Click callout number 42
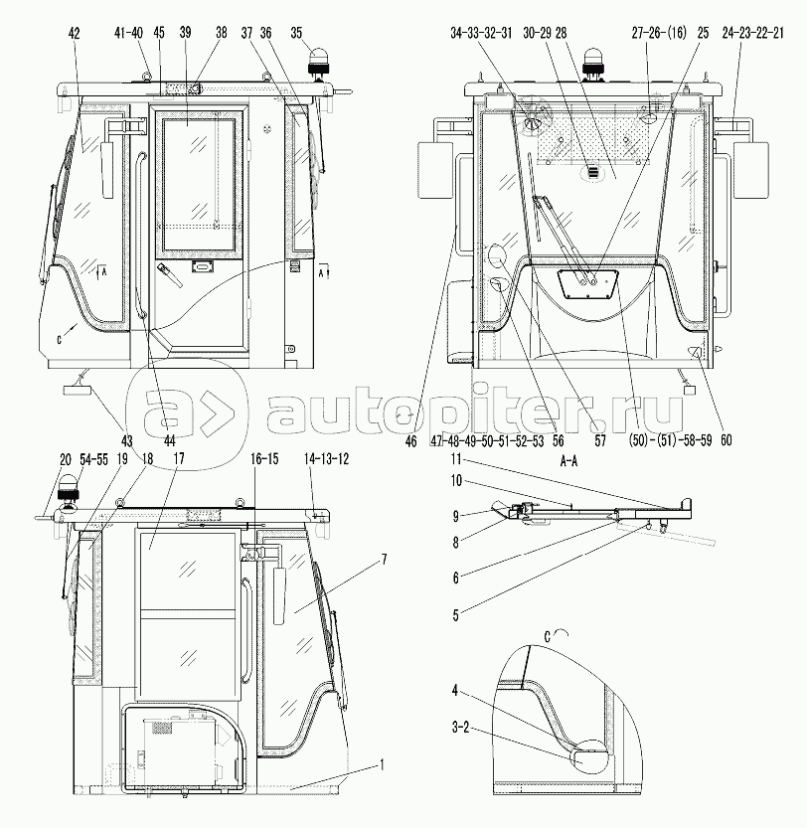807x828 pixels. (74, 33)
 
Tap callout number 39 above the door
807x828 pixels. (185, 33)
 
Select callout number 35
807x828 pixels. (296, 33)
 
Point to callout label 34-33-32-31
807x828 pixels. (481, 33)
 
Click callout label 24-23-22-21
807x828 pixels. (752, 33)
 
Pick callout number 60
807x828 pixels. (726, 440)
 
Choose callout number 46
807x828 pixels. (410, 440)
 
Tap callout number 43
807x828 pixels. (127, 440)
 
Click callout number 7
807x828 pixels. (384, 559)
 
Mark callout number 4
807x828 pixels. (455, 690)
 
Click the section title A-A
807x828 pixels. (568, 461)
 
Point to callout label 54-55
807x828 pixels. (94, 459)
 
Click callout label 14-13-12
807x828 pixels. (326, 458)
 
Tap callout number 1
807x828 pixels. (382, 765)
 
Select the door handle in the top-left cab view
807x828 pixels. (170, 275)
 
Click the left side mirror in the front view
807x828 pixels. (435, 170)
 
